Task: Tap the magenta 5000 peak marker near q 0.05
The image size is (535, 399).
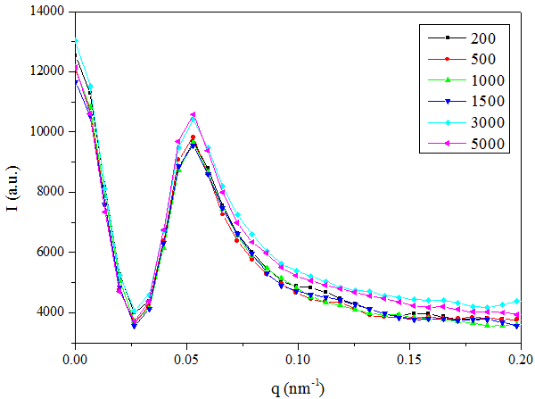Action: click(193, 114)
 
